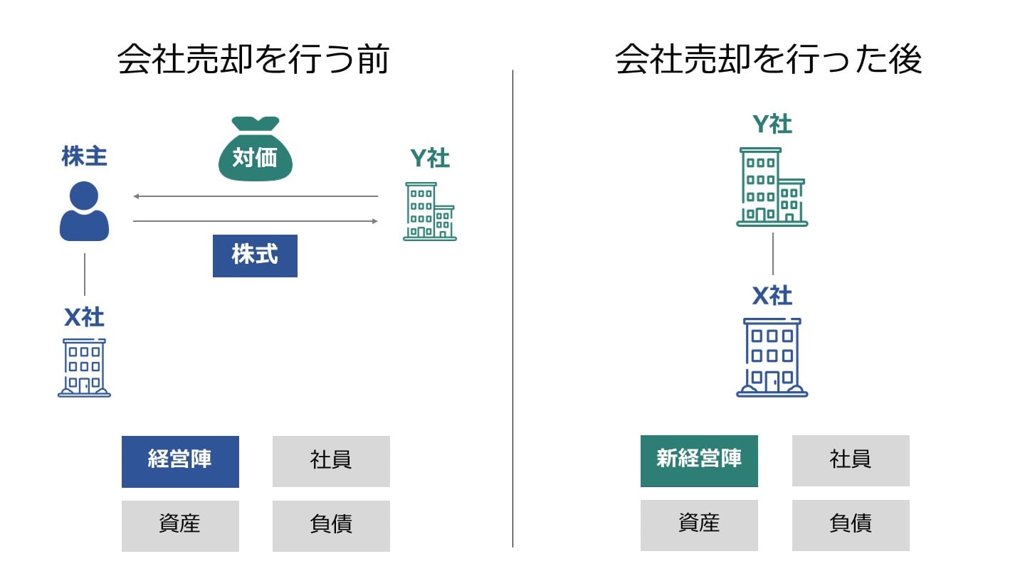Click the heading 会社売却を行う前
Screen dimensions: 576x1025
[253, 59]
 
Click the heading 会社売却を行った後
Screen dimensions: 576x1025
[769, 59]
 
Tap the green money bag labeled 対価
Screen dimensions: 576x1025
[255, 151]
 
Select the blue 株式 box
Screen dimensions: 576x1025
[255, 255]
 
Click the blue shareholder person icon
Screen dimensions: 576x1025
[84, 211]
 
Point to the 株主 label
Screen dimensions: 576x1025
[84, 156]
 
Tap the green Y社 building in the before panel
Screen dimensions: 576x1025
[429, 211]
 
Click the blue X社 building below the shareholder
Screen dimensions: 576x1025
[84, 367]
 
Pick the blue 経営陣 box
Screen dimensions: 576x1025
[180, 461]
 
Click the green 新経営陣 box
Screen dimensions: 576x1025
[699, 461]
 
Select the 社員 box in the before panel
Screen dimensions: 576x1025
[331, 461]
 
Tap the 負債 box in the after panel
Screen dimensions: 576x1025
[851, 525]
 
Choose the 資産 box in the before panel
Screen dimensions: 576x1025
[180, 526]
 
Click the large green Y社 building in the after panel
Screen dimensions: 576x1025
[772, 187]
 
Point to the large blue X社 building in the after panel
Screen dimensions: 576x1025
[772, 357]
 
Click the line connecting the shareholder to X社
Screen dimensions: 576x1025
[85, 274]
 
